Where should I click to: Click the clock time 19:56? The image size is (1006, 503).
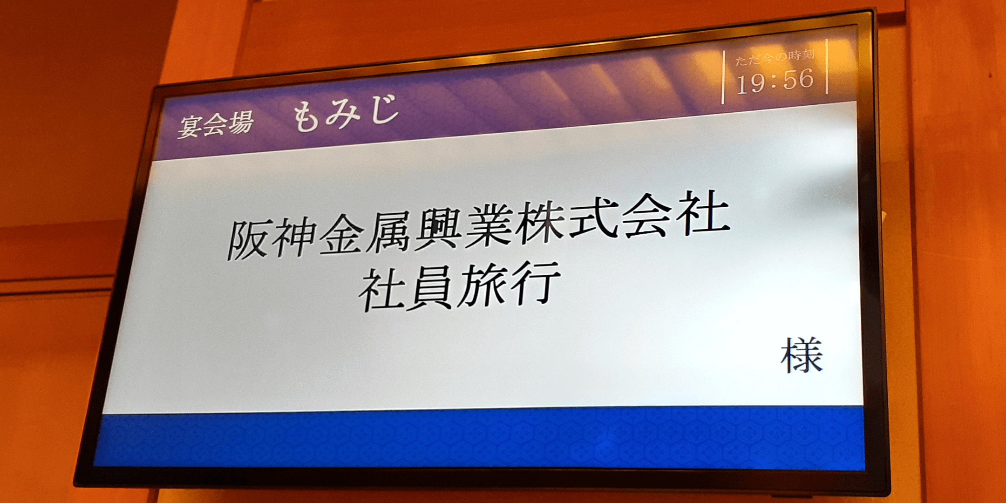pos(775,81)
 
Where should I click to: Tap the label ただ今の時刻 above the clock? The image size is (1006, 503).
pos(775,57)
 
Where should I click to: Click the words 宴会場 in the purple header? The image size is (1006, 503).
pos(215,123)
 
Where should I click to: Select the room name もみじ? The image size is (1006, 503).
pos(346,113)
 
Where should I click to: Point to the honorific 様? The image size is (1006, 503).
pos(802,356)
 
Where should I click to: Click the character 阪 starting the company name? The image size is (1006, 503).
pos(249,240)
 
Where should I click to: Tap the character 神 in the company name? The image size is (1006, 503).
pos(295,237)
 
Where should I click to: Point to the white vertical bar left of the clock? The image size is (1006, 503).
pos(723,77)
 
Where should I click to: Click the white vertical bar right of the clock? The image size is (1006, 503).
pos(827,67)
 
